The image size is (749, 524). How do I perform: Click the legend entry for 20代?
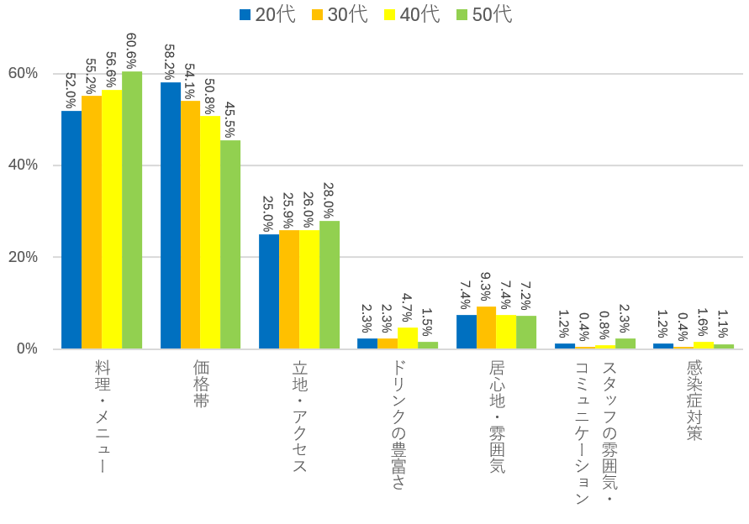coord(267,14)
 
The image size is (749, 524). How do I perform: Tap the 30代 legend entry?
coord(340,14)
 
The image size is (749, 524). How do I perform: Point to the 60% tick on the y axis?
coord(24,73)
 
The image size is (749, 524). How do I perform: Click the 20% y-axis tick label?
coord(24,257)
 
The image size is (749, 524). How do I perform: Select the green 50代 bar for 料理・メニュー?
coord(132,210)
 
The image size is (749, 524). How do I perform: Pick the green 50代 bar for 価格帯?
coord(230,244)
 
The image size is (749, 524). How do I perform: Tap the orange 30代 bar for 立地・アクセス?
coord(289,290)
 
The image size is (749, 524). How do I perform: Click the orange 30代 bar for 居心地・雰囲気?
coord(487,328)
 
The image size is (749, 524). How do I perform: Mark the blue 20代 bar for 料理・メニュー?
coord(71,230)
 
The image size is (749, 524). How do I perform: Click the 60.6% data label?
coord(132,51)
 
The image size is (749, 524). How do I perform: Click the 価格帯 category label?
coord(201,383)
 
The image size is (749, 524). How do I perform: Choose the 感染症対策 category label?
coord(694,400)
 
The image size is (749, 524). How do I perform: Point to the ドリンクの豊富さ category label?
coord(398,425)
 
